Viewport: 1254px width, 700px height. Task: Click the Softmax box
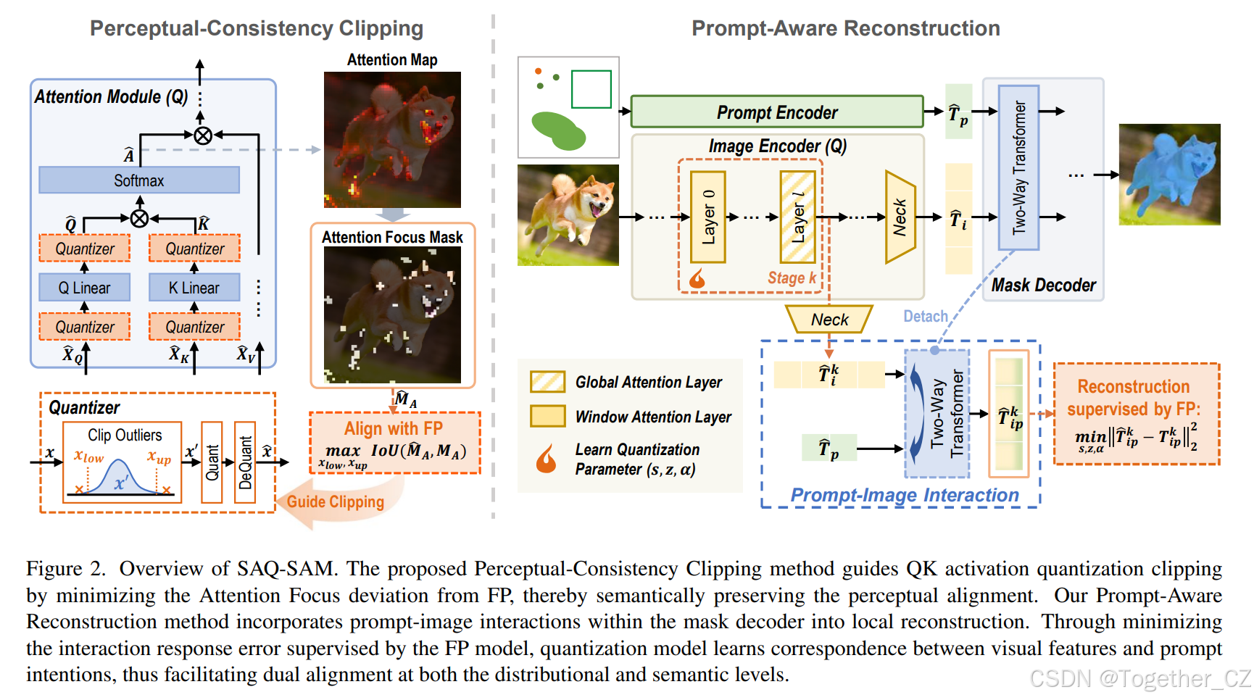point(138,180)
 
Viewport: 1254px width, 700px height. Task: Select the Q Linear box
point(84,288)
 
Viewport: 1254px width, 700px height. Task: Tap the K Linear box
point(194,288)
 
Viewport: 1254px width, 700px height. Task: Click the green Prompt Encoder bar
point(776,112)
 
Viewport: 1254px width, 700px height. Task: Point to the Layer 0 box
point(708,217)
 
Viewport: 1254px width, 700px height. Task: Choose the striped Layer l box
point(797,217)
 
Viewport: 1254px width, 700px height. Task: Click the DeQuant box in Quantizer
point(246,462)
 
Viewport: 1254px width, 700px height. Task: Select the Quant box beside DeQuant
point(212,462)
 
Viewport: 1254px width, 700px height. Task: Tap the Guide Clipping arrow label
point(335,501)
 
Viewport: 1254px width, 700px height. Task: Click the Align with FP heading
point(393,428)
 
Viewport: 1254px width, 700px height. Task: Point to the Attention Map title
point(391,60)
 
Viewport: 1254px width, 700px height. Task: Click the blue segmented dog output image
point(1169,174)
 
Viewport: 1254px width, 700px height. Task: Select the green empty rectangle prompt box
point(591,89)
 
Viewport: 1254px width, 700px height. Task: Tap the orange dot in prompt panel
point(538,71)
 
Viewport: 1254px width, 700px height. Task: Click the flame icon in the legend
point(546,459)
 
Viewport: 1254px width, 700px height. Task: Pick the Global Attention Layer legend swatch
point(547,382)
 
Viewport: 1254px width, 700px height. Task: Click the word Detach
point(925,317)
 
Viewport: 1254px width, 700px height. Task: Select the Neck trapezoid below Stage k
point(829,320)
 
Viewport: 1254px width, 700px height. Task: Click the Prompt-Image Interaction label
point(904,495)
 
